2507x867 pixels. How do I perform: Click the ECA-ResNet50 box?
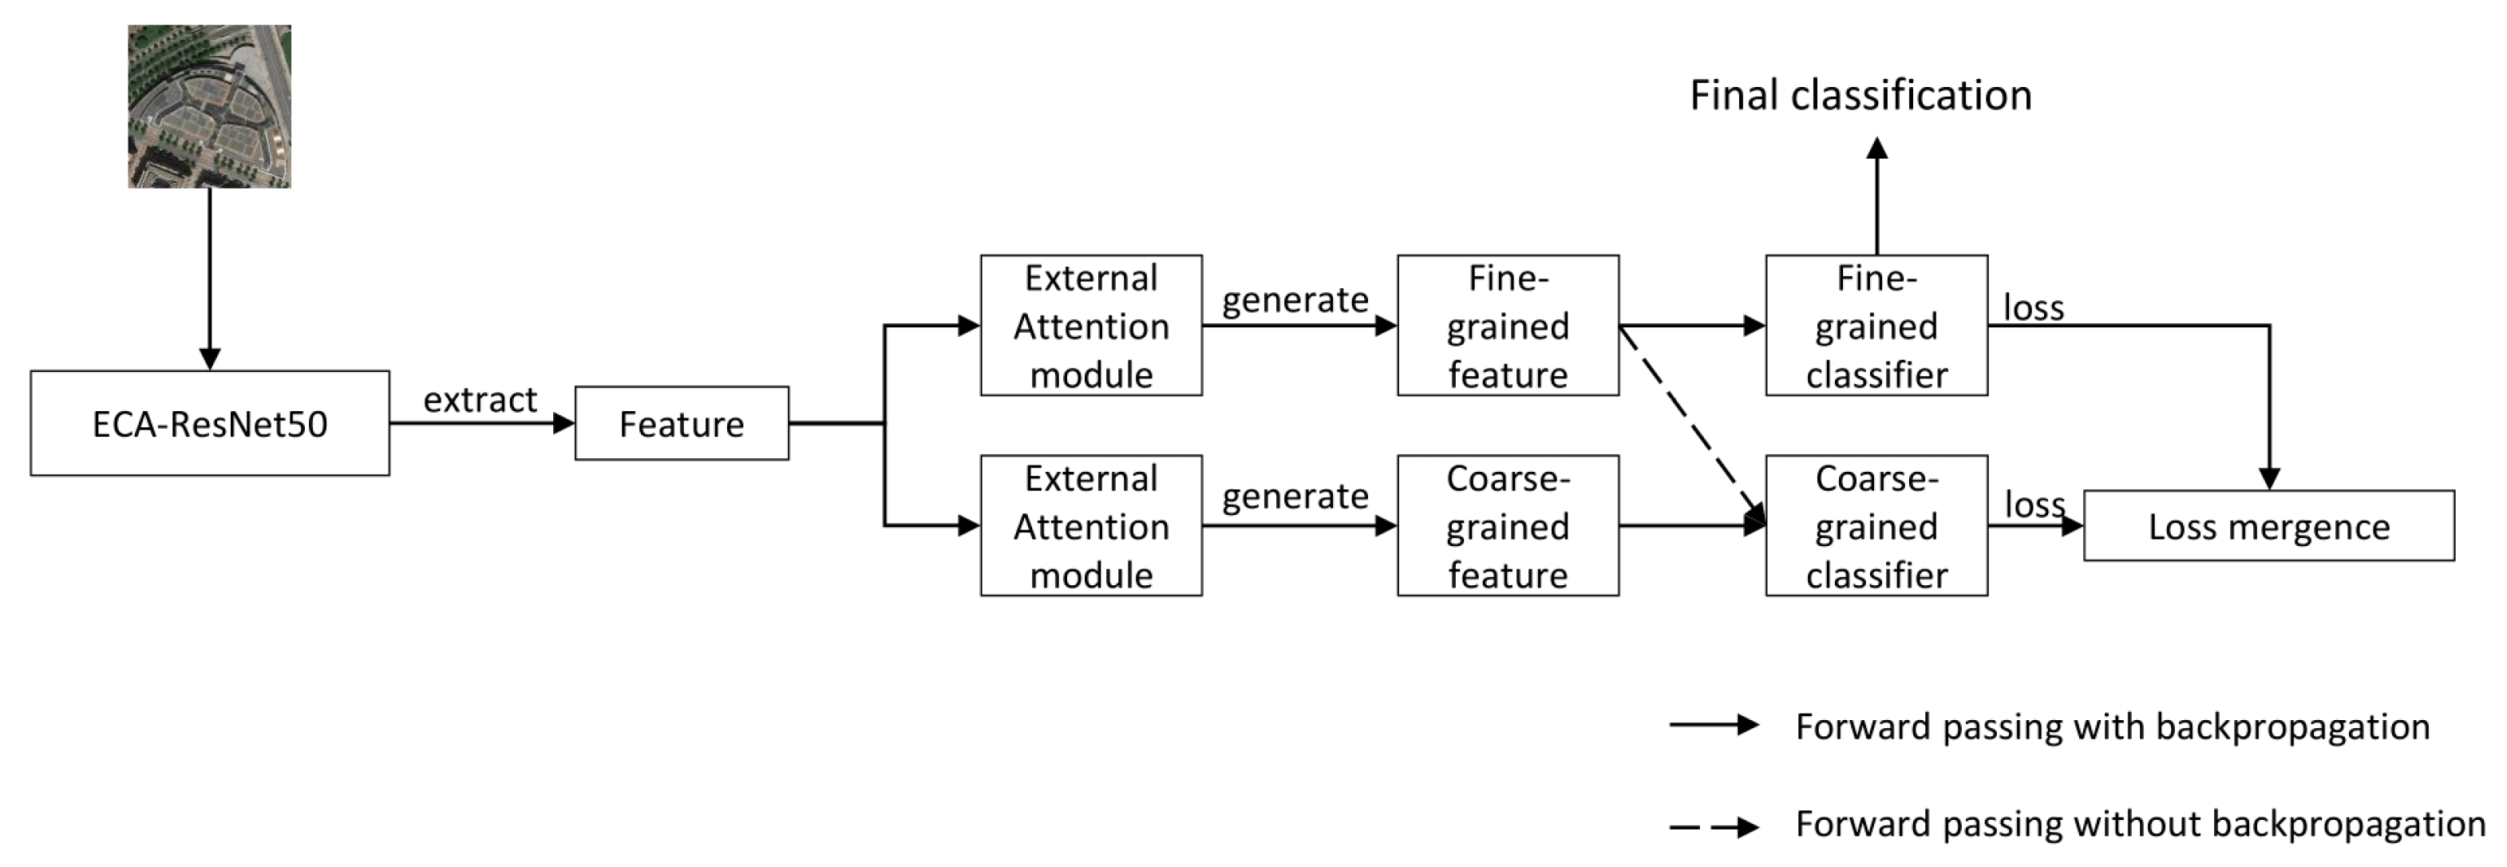[x=209, y=423]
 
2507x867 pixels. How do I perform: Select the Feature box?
[x=682, y=423]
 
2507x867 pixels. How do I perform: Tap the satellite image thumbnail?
[x=209, y=106]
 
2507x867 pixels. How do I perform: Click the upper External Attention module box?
[x=1091, y=325]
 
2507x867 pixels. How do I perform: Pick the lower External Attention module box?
[x=1091, y=525]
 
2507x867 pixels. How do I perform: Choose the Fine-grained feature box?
[x=1508, y=325]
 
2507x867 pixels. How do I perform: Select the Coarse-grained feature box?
[x=1508, y=525]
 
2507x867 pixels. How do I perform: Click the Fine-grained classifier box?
[x=1876, y=325]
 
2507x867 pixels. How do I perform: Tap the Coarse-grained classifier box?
[x=1876, y=525]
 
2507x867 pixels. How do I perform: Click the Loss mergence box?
[x=2268, y=525]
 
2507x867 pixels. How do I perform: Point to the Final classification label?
[x=1860, y=95]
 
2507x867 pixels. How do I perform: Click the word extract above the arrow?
[x=480, y=399]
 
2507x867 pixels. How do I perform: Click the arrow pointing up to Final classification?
[x=1877, y=195]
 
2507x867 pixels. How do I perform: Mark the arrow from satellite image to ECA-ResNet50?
[x=209, y=277]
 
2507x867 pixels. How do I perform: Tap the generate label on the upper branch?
[x=1295, y=299]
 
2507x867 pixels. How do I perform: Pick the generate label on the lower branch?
[x=1295, y=497]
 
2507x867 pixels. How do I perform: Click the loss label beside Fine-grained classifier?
[x=2033, y=307]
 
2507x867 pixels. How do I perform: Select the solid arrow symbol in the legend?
[x=1714, y=725]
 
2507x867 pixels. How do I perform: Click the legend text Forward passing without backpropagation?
[x=2140, y=823]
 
